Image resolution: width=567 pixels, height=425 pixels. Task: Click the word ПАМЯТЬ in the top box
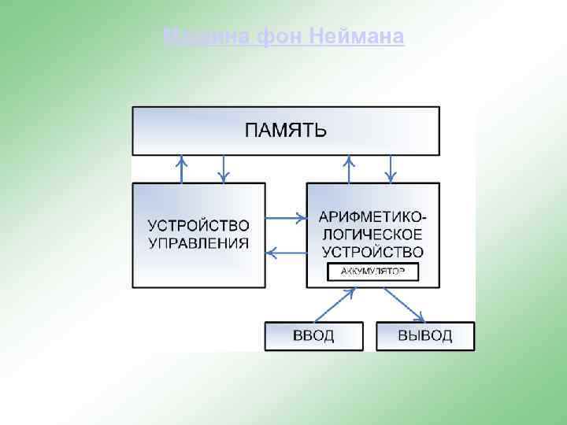285,131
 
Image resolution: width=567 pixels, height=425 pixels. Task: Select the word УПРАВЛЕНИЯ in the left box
198,243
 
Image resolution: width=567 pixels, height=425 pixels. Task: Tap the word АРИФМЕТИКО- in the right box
372,216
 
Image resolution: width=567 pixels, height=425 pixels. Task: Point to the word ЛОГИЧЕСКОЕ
372,235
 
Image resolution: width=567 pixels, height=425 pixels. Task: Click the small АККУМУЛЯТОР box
372,272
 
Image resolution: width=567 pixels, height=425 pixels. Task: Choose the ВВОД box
313,336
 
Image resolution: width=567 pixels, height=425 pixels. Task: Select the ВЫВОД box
425,336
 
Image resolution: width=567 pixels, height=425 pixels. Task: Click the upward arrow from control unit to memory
183,169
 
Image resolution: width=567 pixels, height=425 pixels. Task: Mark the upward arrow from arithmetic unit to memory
349,169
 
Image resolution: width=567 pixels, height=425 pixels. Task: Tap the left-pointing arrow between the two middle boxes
286,253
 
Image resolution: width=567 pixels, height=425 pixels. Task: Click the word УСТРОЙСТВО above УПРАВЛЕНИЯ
198,226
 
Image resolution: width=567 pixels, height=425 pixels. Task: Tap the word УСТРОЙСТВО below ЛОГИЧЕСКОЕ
372,252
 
